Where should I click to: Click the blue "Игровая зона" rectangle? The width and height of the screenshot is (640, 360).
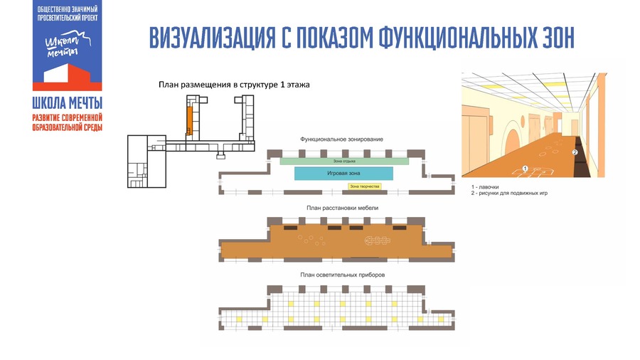(343, 173)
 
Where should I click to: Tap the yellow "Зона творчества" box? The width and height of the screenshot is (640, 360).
(364, 186)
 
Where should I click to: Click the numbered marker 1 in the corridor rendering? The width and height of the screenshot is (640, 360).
(524, 168)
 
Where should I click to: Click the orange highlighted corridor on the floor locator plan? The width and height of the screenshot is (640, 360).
(189, 114)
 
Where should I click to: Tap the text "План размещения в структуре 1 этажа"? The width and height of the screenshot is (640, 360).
(234, 85)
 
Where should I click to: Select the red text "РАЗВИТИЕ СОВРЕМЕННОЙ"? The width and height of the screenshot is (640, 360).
(68, 117)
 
